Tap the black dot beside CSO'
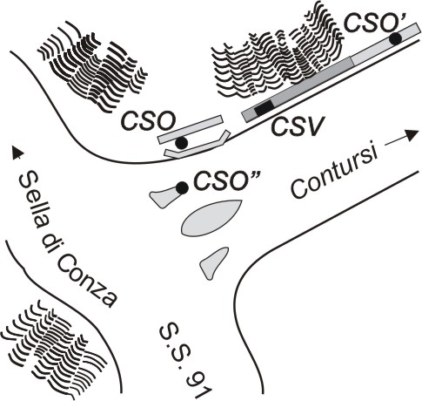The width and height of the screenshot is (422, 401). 395,38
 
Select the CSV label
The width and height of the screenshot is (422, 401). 298,126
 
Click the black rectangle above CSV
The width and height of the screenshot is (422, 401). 264,107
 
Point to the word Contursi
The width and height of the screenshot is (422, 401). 334,173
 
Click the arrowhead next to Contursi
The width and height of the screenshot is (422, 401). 412,135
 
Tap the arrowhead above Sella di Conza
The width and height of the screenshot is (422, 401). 17,153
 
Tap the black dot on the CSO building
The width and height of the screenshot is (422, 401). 181,142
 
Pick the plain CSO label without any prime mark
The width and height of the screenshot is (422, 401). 149,121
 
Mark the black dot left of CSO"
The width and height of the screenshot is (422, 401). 182,187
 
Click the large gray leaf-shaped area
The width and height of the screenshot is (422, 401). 211,218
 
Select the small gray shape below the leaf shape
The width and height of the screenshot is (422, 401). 213,262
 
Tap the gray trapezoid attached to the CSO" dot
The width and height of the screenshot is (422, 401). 164,197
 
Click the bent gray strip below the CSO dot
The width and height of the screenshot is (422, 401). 198,146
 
